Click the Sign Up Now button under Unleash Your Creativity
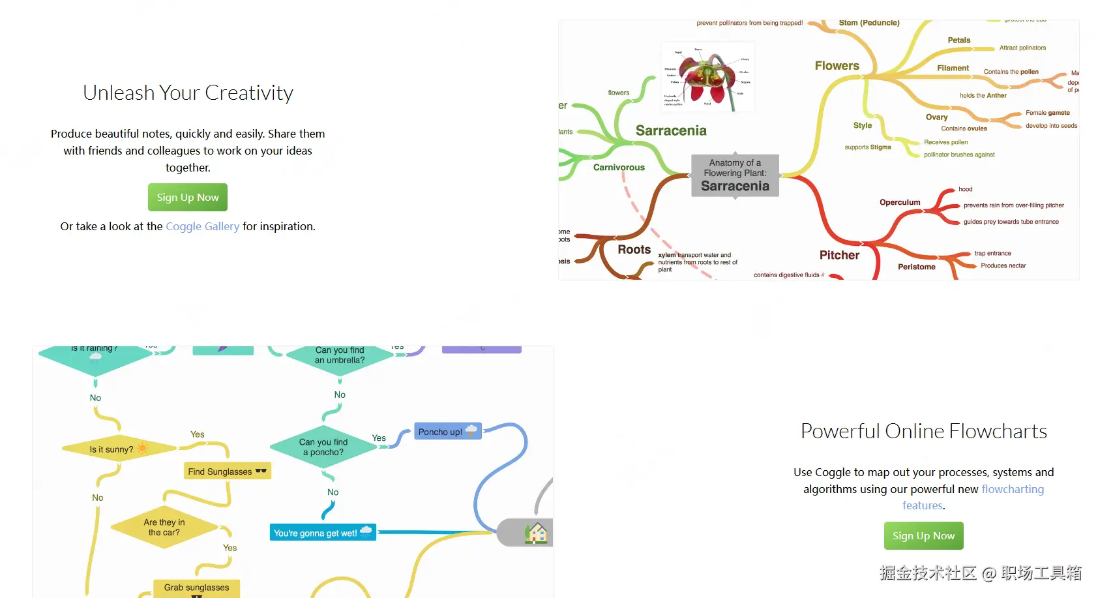(x=188, y=198)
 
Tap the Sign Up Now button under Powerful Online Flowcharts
(x=923, y=536)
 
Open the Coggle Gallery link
(x=202, y=226)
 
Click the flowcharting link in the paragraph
(x=1013, y=489)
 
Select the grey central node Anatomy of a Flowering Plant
(x=735, y=175)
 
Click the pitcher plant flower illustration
(x=708, y=77)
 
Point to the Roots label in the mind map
(x=634, y=250)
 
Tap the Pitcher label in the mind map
(x=839, y=255)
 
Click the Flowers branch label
(x=837, y=66)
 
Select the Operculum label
(x=900, y=202)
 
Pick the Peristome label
(x=916, y=267)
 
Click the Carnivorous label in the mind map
(x=619, y=168)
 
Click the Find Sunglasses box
(x=227, y=471)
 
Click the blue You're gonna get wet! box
(x=323, y=533)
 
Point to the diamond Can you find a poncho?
(x=323, y=447)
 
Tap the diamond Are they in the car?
(x=164, y=527)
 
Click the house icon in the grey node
(x=537, y=533)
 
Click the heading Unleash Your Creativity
(x=188, y=93)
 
